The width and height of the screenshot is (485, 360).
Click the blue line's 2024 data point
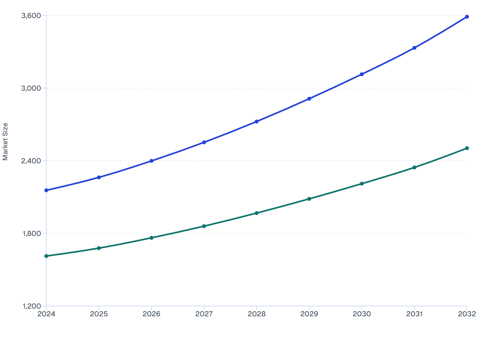tap(46, 190)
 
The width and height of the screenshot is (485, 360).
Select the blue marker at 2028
tap(257, 122)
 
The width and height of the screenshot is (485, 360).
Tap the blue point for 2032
tap(467, 17)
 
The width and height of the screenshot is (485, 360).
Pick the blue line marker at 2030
tap(362, 74)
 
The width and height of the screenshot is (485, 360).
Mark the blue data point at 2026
tap(151, 161)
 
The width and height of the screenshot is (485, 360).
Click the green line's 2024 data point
tap(46, 256)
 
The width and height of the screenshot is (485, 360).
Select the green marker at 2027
tap(204, 226)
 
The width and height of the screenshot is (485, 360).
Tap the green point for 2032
tap(467, 148)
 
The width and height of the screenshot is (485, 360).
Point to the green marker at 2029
tap(309, 199)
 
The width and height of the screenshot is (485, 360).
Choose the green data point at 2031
tap(414, 167)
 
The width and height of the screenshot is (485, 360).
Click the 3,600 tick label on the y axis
tap(31, 15)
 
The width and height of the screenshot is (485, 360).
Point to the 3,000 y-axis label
tap(31, 88)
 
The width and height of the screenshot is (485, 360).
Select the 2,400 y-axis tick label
tap(31, 161)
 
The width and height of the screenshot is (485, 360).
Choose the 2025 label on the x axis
tap(99, 314)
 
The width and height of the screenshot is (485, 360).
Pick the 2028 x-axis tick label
tap(257, 314)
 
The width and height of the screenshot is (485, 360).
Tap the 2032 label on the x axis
tap(467, 314)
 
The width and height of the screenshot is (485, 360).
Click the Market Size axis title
tap(5, 141)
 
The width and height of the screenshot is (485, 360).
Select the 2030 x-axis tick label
tap(362, 314)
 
